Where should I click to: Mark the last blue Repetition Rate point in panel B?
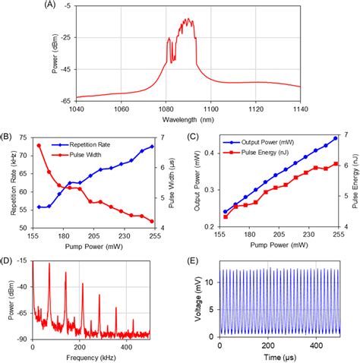153,147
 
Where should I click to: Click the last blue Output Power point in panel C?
335,138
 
